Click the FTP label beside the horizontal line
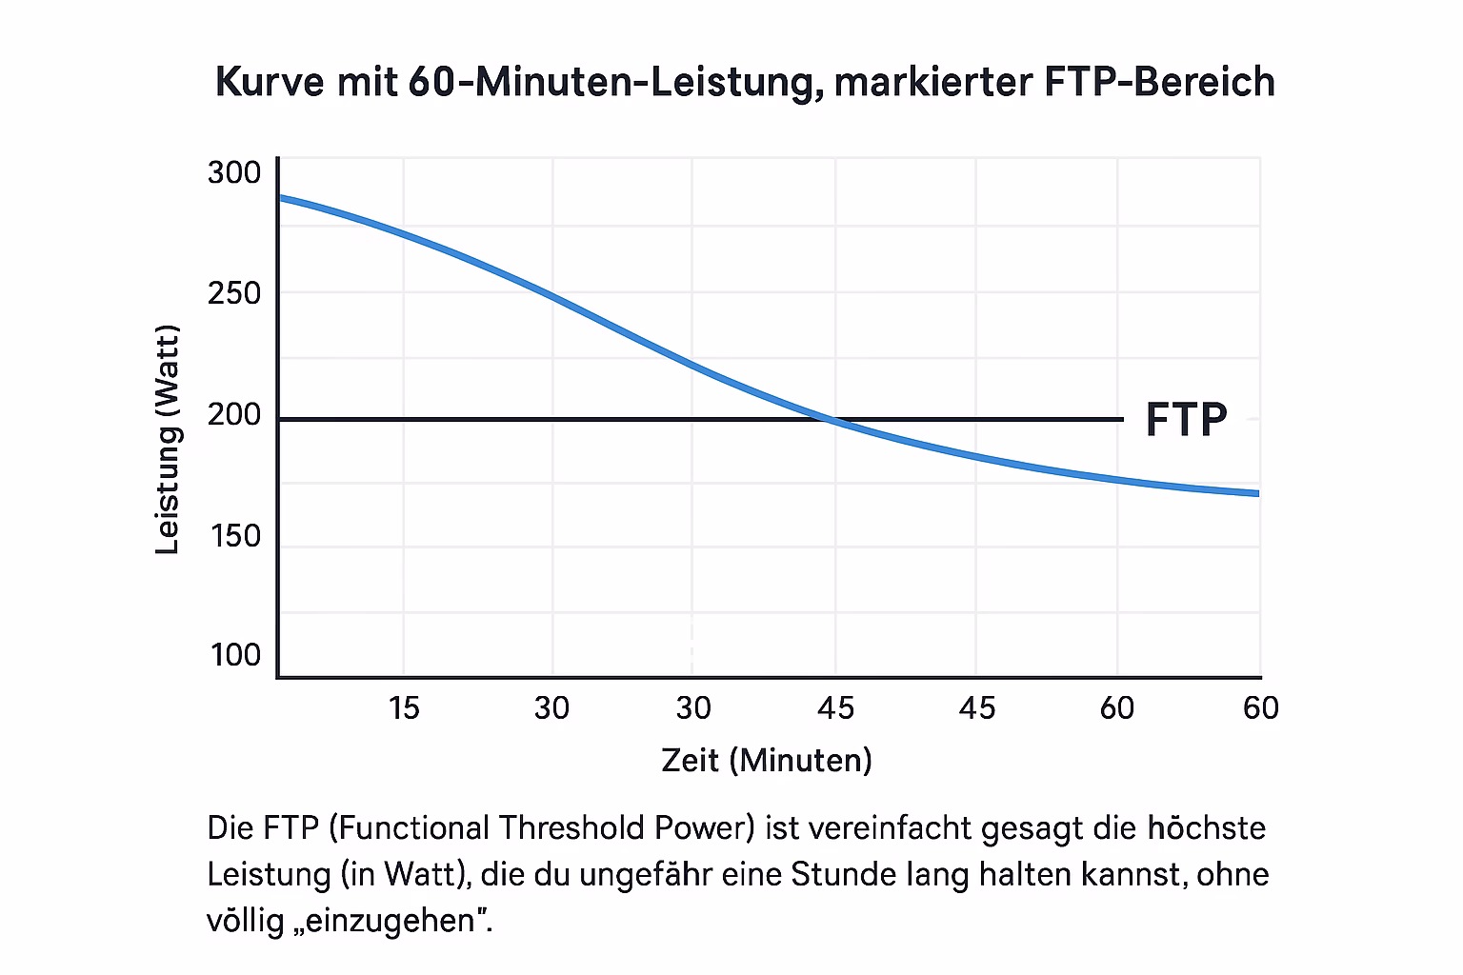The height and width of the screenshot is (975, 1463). [x=1186, y=419]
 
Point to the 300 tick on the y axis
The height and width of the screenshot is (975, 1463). [x=234, y=173]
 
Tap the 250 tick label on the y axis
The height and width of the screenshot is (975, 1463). [x=234, y=293]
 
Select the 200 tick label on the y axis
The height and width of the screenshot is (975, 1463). [x=234, y=415]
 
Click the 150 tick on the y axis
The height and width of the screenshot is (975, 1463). [x=234, y=536]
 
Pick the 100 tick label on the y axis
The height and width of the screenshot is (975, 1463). [x=234, y=655]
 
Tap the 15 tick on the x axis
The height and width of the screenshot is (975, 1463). [x=404, y=707]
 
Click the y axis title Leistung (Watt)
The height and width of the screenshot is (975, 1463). [x=168, y=440]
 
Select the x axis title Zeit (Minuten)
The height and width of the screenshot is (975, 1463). [x=767, y=760]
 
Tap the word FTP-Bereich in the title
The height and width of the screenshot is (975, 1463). [x=1159, y=82]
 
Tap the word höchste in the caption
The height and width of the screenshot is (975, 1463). [x=1206, y=827]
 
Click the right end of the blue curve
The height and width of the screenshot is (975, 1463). [x=1257, y=493]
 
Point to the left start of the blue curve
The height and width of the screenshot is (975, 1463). [x=280, y=198]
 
